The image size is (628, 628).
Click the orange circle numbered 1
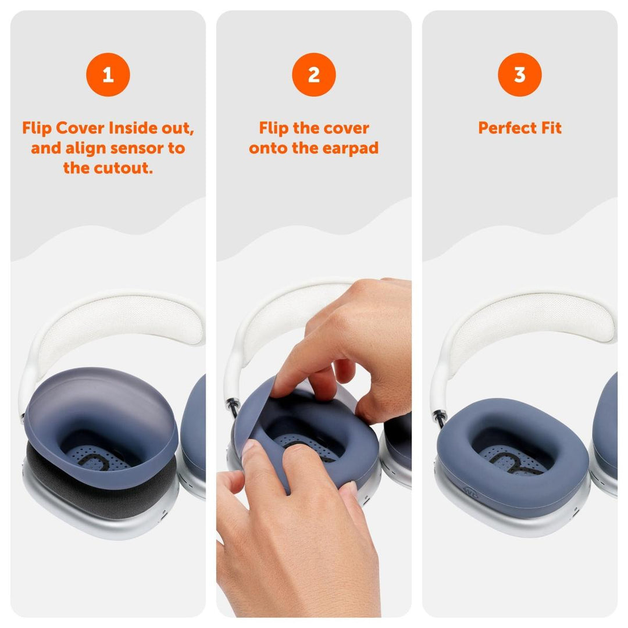tap(108, 74)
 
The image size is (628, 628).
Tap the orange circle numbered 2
tap(314, 74)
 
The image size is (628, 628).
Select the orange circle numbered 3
tap(519, 74)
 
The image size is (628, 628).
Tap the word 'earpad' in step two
tap(352, 148)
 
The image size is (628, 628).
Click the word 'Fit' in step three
tap(551, 129)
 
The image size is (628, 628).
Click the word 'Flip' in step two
tap(274, 129)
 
